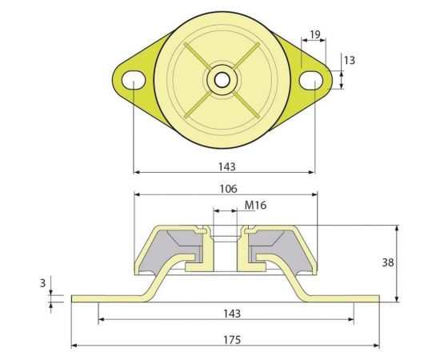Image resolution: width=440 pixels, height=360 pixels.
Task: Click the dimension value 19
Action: point(315,35)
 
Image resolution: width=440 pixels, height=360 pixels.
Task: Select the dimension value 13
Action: point(350,60)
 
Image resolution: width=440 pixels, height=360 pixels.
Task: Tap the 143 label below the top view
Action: point(226,167)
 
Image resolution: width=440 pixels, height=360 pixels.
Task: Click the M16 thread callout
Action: point(255,206)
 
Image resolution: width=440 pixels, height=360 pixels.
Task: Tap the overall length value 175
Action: point(227,339)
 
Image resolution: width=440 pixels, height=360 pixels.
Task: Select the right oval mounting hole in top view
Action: point(314,79)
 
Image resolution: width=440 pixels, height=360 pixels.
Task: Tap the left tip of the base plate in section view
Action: point(74,298)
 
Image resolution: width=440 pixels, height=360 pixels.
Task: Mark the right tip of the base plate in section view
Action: point(377,298)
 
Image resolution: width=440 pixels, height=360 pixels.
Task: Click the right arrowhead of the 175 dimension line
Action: point(376,346)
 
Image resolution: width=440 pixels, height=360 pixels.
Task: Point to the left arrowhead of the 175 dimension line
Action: point(75,346)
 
